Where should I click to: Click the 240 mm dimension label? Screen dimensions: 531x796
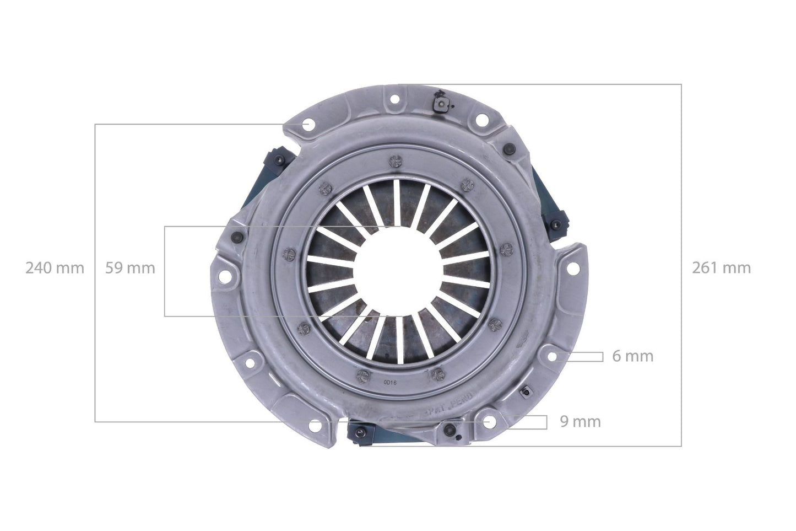tap(55, 269)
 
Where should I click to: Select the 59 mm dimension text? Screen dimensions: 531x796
tap(130, 269)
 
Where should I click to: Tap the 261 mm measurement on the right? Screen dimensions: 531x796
tap(721, 269)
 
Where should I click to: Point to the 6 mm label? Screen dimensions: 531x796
tap(632, 357)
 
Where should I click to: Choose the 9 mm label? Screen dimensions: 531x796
tap(580, 422)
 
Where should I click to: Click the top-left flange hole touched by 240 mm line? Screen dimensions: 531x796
tap(306, 126)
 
